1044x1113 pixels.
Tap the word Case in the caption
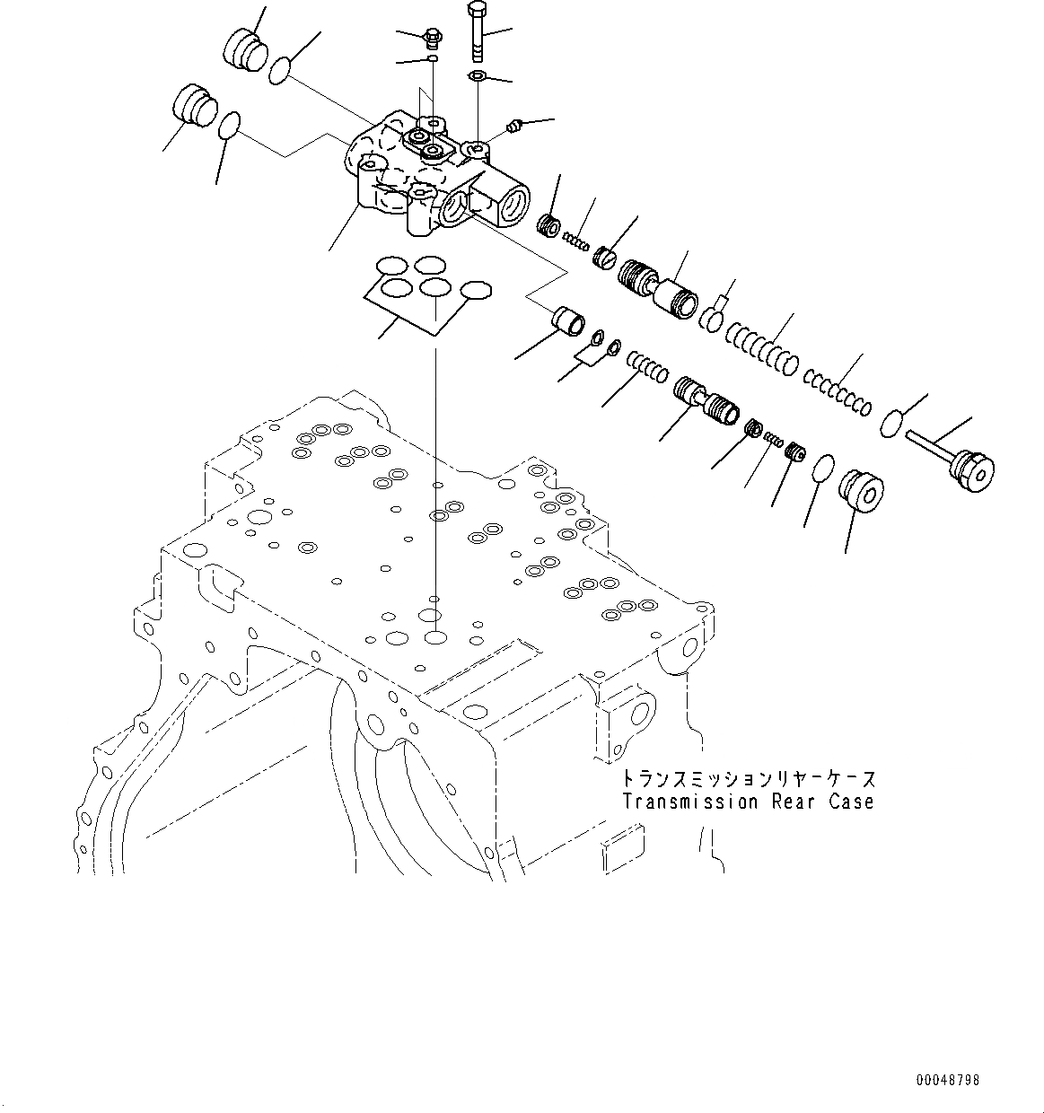[851, 802]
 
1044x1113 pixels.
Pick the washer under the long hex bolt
[477, 76]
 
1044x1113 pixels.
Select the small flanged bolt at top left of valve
[434, 39]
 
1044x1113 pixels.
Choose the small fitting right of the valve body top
[514, 127]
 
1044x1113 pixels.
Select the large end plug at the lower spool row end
[860, 490]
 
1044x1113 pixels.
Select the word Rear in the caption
[790, 802]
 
